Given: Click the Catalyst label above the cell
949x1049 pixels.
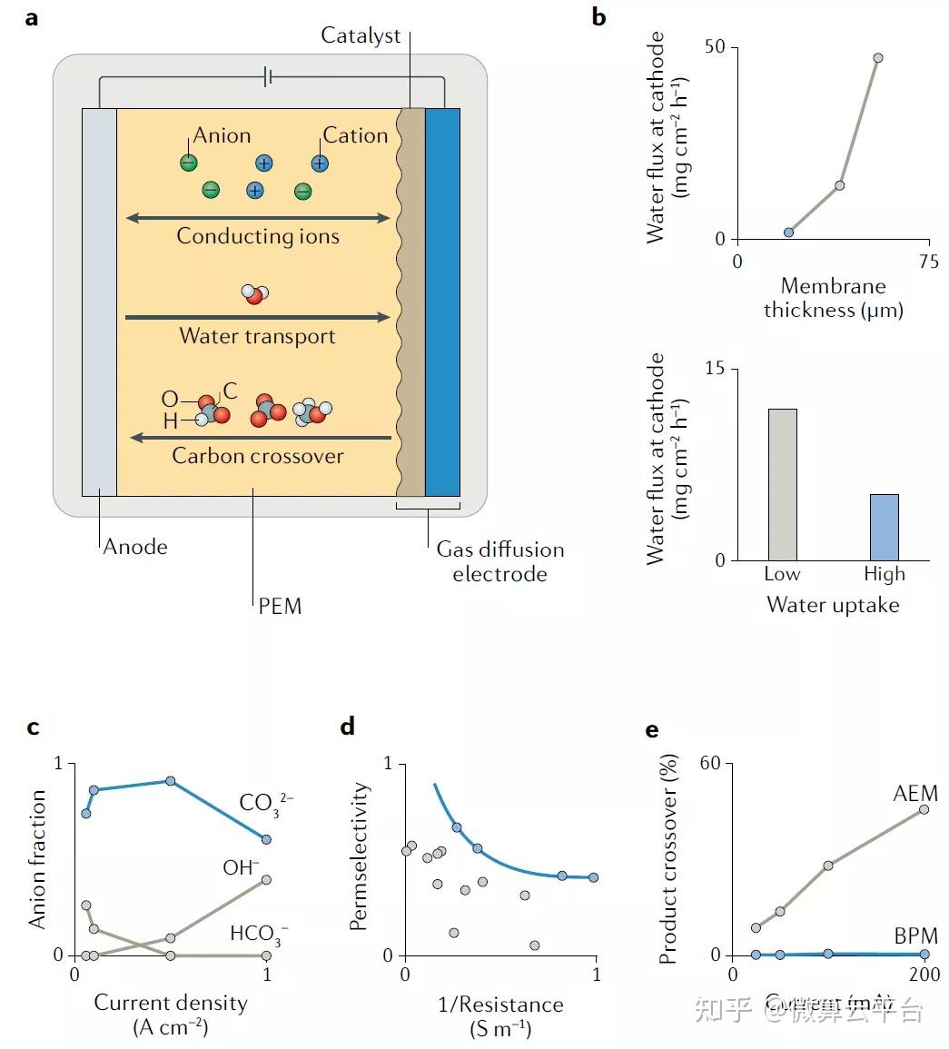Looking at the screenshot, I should pyautogui.click(x=361, y=36).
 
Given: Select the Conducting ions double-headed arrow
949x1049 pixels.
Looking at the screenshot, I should pyautogui.click(x=258, y=218).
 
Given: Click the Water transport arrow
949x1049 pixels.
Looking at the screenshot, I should pyautogui.click(x=258, y=317).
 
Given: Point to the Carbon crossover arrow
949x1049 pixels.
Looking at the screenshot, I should pyautogui.click(x=261, y=438).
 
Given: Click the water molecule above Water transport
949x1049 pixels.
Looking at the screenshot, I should pyautogui.click(x=254, y=293).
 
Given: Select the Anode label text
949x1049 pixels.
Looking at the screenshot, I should pyautogui.click(x=135, y=547).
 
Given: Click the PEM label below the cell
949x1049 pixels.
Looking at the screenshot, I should pyautogui.click(x=280, y=606).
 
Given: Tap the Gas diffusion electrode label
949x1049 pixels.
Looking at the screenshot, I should pyautogui.click(x=499, y=561).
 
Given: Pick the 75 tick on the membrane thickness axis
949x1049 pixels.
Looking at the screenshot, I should pyautogui.click(x=928, y=262).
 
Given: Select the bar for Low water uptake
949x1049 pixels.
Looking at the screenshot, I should pyautogui.click(x=782, y=484).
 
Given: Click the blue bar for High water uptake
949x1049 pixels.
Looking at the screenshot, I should pyautogui.click(x=884, y=527).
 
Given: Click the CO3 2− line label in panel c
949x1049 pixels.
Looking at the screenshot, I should pyautogui.click(x=265, y=804).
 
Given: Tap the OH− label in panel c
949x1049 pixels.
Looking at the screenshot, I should pyautogui.click(x=241, y=867).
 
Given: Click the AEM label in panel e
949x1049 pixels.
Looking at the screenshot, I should pyautogui.click(x=914, y=793).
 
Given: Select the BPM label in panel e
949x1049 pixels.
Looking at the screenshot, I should pyautogui.click(x=915, y=935).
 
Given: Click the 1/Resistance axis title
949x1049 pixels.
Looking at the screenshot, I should pyautogui.click(x=500, y=1004).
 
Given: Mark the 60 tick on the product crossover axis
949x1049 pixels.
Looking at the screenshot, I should pyautogui.click(x=716, y=763).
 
